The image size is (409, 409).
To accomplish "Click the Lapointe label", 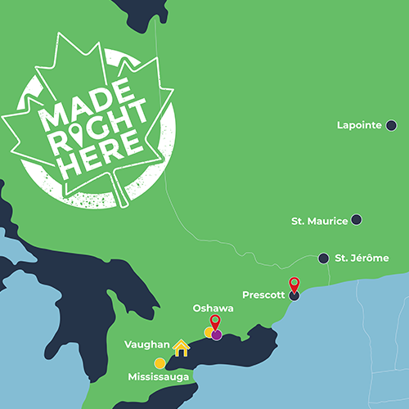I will point(359,125).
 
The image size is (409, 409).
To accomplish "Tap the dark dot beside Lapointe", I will point(391,125).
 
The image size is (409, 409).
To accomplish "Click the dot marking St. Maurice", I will point(357,220).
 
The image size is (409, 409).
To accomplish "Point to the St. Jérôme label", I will point(362,258).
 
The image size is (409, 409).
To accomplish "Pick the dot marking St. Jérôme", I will point(324,257).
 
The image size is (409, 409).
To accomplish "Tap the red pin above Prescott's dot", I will point(294,284).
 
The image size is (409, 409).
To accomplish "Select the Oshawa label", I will point(213,308).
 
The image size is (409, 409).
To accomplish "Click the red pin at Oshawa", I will point(215,321).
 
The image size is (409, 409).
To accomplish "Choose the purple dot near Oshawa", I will point(217,335).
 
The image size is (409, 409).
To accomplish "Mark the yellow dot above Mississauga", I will point(160,363).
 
